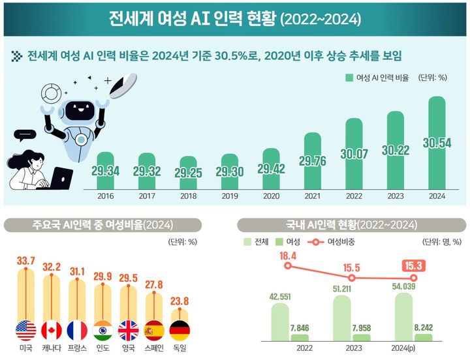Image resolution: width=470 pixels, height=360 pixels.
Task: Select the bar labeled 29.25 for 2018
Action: click(x=188, y=172)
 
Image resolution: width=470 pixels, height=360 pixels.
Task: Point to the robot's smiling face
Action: click(x=82, y=109)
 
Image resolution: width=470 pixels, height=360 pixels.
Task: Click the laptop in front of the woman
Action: click(x=60, y=178)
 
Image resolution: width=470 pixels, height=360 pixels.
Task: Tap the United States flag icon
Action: click(x=25, y=331)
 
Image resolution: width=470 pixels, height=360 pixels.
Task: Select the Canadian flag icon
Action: click(x=52, y=331)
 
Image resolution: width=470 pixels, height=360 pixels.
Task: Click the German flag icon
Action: click(x=180, y=331)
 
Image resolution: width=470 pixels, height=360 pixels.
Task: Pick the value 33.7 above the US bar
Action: click(x=25, y=262)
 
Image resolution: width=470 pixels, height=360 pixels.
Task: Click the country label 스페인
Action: click(x=154, y=349)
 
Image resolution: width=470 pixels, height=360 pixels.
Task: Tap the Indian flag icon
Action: click(x=103, y=331)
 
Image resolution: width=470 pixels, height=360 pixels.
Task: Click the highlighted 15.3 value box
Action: click(x=413, y=266)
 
